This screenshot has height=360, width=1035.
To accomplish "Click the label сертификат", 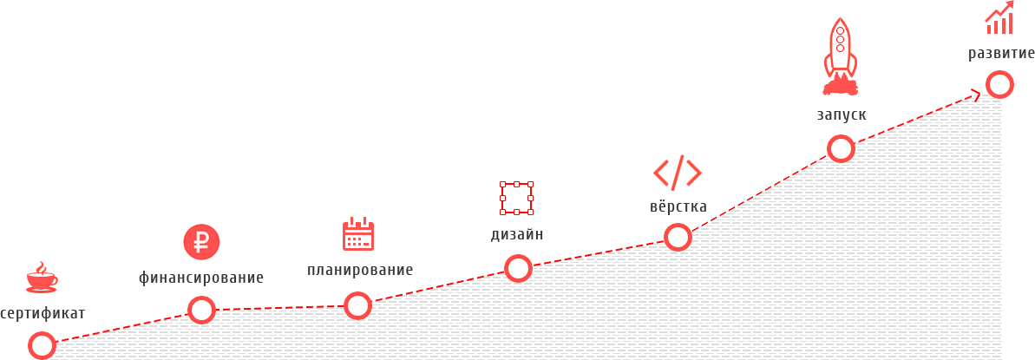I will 43,314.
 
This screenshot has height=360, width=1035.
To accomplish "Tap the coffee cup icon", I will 41,278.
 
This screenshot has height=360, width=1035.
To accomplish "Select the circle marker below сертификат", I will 42,345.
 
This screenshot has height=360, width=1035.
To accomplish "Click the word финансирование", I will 201,278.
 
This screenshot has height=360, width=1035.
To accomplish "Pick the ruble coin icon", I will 201,242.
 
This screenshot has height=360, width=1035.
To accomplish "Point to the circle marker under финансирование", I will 201,310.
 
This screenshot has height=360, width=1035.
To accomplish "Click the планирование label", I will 360,272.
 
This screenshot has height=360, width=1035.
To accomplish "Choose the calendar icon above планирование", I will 357,234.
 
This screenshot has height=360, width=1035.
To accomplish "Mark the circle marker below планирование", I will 357,305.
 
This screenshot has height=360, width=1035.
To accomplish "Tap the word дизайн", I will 517,234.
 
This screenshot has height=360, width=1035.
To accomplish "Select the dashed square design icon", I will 516,198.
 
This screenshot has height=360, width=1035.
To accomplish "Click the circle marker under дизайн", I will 518,268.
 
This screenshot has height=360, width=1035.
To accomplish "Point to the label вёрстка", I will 678,207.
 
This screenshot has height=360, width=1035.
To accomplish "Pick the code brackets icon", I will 678,173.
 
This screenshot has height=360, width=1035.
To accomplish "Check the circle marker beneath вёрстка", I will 678,236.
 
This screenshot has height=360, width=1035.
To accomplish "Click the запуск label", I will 841,115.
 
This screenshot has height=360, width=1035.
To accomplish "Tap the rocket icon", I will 840,57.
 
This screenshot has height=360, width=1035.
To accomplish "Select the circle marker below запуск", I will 841,148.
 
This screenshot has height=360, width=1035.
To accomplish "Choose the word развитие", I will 1001,55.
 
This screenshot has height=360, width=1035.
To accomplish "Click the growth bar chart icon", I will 999,18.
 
